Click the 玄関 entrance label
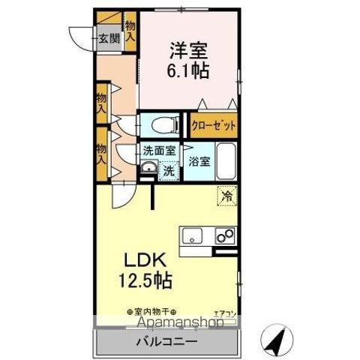(x=108, y=39)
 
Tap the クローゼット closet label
(x=213, y=125)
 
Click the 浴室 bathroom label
(x=199, y=161)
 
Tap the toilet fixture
(x=159, y=124)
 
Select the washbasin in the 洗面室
(x=148, y=168)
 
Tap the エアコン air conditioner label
(x=224, y=313)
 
